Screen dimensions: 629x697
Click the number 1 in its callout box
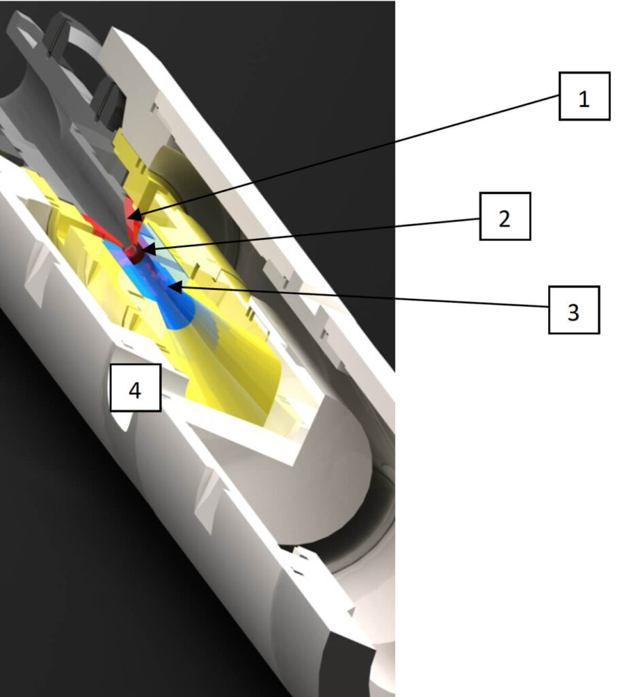[583, 99]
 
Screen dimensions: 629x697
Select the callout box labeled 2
[505, 216]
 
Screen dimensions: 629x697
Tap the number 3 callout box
[574, 310]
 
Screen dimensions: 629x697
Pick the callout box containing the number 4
[135, 387]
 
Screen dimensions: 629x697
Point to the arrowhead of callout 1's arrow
[135, 216]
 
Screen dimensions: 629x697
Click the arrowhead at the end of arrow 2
[149, 249]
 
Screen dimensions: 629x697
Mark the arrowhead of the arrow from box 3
[175, 287]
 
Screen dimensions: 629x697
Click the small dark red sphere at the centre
[133, 253]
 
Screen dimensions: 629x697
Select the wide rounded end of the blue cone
[180, 313]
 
